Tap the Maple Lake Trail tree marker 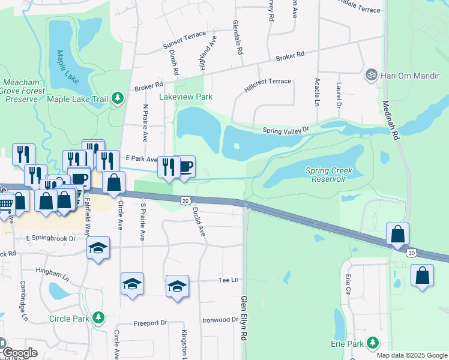[x=118, y=98]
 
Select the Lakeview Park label [x=185, y=97]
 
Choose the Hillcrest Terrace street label [x=268, y=85]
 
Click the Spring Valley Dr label [x=285, y=130]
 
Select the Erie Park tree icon [x=373, y=343]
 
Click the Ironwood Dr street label [x=220, y=320]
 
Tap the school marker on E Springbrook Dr [x=98, y=248]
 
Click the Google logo [x=19, y=352]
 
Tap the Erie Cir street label [x=348, y=286]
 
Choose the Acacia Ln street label [x=316, y=92]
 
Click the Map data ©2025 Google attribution [x=411, y=355]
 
